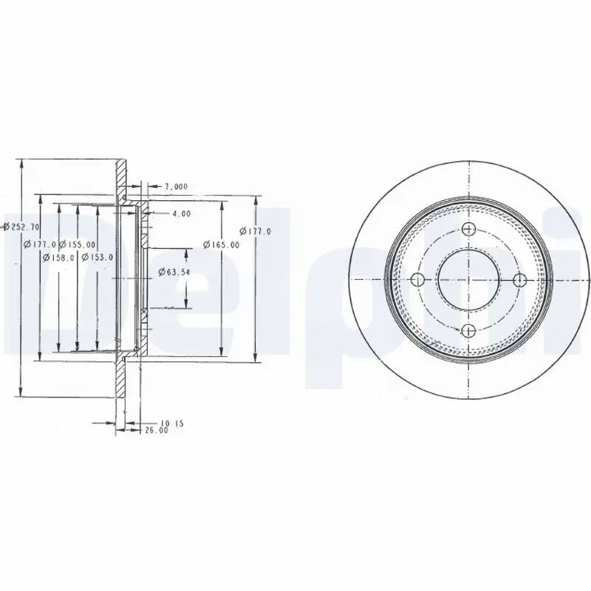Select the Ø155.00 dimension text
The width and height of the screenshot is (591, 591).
(77, 245)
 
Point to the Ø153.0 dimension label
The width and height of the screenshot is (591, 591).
(98, 257)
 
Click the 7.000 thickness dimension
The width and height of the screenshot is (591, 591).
(176, 186)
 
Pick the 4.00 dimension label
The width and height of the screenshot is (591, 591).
(181, 213)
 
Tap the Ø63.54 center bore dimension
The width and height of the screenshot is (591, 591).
(174, 273)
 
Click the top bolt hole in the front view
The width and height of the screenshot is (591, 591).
(468, 230)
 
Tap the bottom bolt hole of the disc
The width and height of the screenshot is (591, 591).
(468, 330)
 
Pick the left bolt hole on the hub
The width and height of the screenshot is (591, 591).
(417, 280)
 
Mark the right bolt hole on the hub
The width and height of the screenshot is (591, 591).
(519, 280)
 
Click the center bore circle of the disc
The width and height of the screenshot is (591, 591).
(468, 280)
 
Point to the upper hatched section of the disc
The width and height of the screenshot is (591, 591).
(121, 177)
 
